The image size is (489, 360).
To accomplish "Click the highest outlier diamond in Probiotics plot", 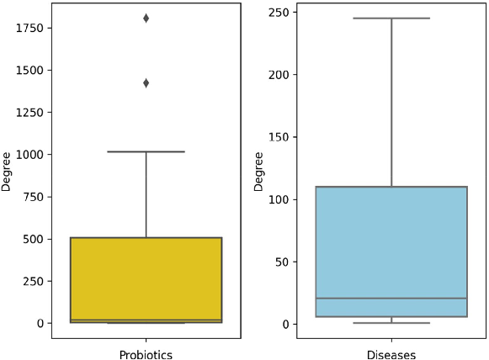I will (146, 18).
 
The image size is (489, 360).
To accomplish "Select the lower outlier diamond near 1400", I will (146, 83).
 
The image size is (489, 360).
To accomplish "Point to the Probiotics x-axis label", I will (146, 355).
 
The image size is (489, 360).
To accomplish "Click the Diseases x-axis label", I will (391, 355).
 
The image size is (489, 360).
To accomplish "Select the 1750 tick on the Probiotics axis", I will (29, 28).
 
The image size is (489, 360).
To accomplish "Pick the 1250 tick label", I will (29, 113).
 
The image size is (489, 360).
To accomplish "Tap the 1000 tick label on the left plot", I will (29, 155).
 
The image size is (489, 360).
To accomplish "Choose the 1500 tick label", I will (29, 71).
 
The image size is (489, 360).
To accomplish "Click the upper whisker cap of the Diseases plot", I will (391, 18).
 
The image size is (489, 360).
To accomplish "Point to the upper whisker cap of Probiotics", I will (146, 151).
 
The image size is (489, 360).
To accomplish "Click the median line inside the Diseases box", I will (391, 299).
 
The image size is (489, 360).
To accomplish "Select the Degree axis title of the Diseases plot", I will (259, 171).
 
